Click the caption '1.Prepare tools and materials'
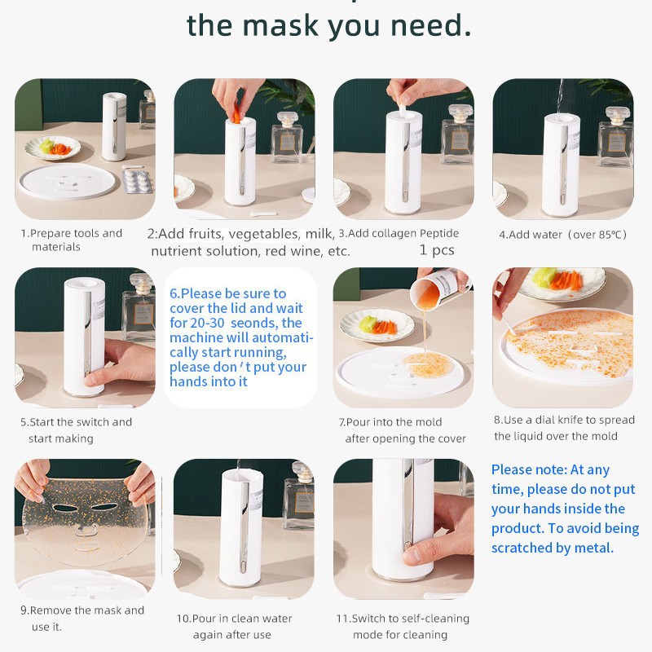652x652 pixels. [71, 240]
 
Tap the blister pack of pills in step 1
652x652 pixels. [137, 180]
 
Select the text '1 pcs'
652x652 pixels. [437, 250]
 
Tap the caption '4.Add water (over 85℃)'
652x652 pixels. [562, 235]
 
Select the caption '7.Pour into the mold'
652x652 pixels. [390, 422]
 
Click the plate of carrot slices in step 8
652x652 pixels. [562, 282]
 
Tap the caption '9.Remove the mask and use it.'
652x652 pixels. [81, 618]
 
